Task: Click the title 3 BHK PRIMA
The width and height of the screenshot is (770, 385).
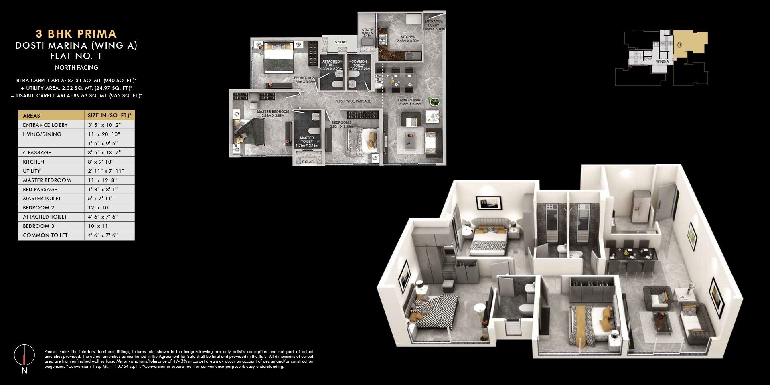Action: pos(76,34)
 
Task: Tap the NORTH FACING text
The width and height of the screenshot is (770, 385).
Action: pos(76,68)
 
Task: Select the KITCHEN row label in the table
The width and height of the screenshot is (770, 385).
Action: pos(34,162)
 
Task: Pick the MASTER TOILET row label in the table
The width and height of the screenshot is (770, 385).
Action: pos(42,199)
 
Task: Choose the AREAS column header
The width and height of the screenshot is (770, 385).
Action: pos(32,115)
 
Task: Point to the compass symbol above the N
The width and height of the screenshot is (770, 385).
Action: pos(24,355)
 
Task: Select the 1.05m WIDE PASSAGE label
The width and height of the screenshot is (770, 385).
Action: pos(354,101)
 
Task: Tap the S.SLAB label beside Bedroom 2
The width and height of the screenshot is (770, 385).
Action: pos(340,42)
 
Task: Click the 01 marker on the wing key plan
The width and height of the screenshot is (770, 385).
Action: pos(679,45)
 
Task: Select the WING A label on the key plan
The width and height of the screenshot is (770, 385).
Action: pos(662,61)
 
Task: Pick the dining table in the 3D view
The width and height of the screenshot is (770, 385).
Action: pos(632,255)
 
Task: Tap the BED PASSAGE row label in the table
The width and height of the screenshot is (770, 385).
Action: pos(40,190)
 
